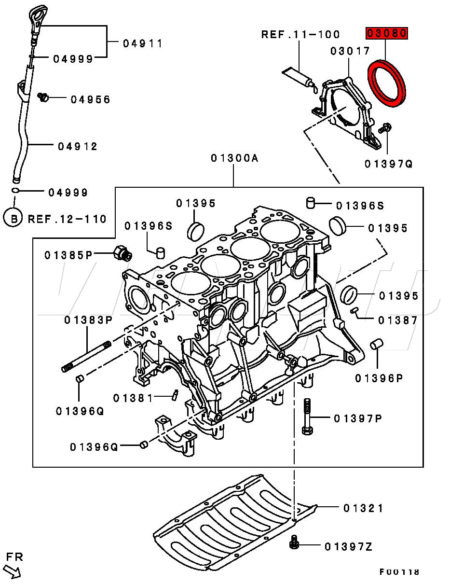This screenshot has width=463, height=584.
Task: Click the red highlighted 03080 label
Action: [387, 33]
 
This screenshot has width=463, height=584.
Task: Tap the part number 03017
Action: [350, 51]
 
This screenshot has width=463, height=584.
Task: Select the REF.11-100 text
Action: [300, 34]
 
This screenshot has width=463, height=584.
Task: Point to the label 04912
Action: [78, 147]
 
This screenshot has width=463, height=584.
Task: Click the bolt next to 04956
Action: [42, 97]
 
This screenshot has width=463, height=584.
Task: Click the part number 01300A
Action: [235, 158]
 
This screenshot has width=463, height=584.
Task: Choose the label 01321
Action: [364, 508]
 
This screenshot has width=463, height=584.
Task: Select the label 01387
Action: [398, 320]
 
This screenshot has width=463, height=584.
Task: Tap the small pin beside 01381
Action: [175, 395]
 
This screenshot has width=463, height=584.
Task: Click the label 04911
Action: [143, 43]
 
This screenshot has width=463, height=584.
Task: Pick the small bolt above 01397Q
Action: [385, 128]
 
